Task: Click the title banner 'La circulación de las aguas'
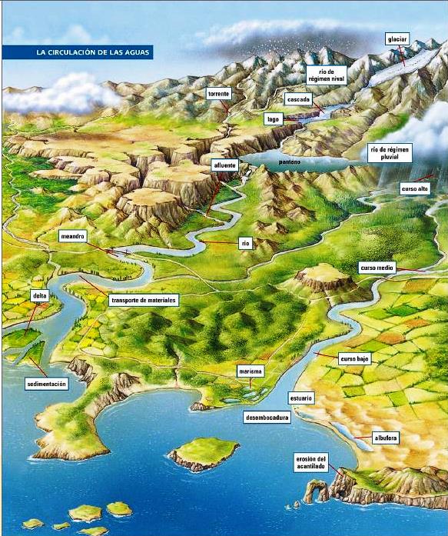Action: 77,53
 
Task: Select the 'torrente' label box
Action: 218,94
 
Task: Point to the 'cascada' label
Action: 297,100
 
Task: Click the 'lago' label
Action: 273,119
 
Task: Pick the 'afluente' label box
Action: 224,165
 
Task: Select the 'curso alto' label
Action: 414,188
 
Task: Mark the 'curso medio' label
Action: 377,268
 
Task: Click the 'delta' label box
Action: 39,295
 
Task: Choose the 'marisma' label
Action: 251,371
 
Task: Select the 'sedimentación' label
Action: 47,383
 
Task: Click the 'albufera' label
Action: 385,438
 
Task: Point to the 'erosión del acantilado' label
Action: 311,461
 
